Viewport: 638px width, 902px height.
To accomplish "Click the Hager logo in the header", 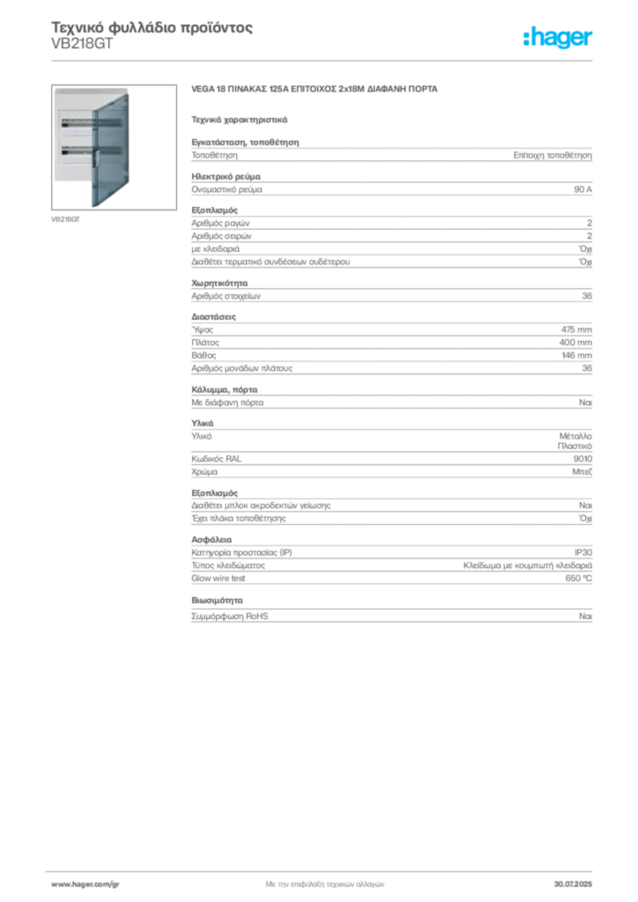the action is (x=557, y=38).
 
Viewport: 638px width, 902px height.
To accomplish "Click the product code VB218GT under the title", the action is (x=82, y=44).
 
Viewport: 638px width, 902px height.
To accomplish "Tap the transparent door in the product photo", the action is (x=110, y=151).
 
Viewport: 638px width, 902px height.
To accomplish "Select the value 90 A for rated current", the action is (x=582, y=189).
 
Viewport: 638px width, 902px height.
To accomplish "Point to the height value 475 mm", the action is (x=576, y=329).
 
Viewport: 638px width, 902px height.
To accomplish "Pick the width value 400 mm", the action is (x=575, y=343).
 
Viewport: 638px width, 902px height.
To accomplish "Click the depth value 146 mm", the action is (x=576, y=356).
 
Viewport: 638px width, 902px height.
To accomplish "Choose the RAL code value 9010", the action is (x=582, y=458).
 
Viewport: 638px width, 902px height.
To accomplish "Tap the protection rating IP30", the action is (x=582, y=552).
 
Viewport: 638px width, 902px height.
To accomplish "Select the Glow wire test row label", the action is (x=218, y=578).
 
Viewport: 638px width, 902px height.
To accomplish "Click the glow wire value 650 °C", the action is (x=578, y=578).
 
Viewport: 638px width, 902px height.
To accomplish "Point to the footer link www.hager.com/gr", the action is (x=85, y=884).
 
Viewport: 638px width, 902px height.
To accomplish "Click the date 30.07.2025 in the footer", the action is (x=573, y=884).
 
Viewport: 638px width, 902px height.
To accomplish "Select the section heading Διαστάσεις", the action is (x=213, y=317).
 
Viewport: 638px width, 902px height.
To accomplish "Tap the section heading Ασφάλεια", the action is (x=211, y=540).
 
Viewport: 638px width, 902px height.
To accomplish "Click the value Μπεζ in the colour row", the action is (x=582, y=472).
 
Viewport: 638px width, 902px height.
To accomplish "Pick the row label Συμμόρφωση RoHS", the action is (x=229, y=616).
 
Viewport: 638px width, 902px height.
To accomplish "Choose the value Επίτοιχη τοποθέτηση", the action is (x=553, y=155).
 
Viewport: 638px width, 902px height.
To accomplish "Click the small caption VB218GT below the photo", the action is (x=65, y=219).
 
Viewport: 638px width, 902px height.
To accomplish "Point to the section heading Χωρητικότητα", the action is (x=219, y=283).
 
